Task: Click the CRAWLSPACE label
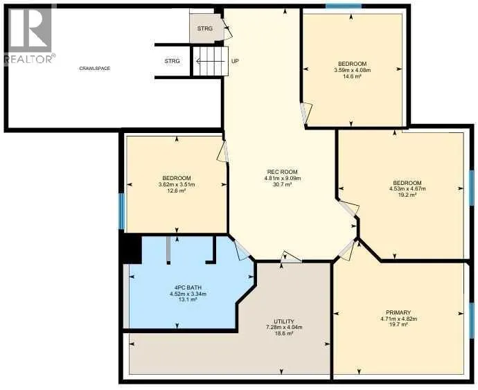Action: pyautogui.click(x=95, y=69)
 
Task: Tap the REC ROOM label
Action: pyautogui.click(x=282, y=172)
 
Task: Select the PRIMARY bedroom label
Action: pyautogui.click(x=398, y=312)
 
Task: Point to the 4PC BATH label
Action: pyautogui.click(x=188, y=287)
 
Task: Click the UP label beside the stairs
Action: pyautogui.click(x=235, y=61)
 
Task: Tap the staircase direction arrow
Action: pyautogui.click(x=210, y=62)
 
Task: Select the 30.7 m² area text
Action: pyautogui.click(x=283, y=184)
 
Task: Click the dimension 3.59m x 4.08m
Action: pyautogui.click(x=352, y=70)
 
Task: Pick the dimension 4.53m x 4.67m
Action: pyautogui.click(x=407, y=188)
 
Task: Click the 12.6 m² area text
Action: pyautogui.click(x=177, y=190)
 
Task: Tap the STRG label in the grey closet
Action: pyautogui.click(x=204, y=28)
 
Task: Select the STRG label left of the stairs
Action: pyautogui.click(x=172, y=61)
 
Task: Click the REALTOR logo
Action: pyautogui.click(x=29, y=35)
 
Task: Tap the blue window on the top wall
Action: pyautogui.click(x=343, y=6)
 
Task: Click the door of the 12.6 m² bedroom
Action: pyautogui.click(x=224, y=152)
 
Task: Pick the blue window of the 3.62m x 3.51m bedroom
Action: pyautogui.click(x=121, y=211)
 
